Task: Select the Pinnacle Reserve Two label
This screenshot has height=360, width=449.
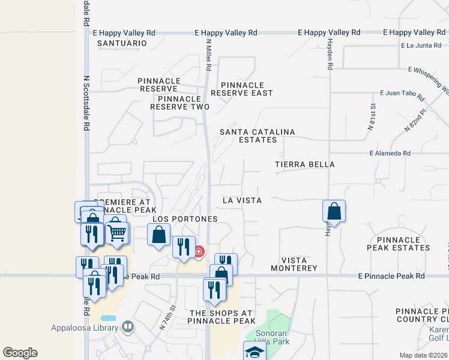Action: tap(179, 103)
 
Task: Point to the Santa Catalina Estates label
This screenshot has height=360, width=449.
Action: tap(249, 136)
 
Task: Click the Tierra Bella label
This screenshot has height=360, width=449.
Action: tap(305, 164)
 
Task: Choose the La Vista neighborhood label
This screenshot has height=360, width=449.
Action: tap(242, 200)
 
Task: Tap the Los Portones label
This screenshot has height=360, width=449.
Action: tap(185, 219)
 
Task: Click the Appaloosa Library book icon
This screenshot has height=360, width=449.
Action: tap(127, 326)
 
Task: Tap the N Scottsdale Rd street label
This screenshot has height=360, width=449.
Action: tap(86, 103)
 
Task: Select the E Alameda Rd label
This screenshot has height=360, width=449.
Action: tap(390, 154)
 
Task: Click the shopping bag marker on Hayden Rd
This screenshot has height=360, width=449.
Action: tap(334, 211)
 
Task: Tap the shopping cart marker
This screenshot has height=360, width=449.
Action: tap(117, 231)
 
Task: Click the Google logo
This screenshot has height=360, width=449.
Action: tap(20, 353)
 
